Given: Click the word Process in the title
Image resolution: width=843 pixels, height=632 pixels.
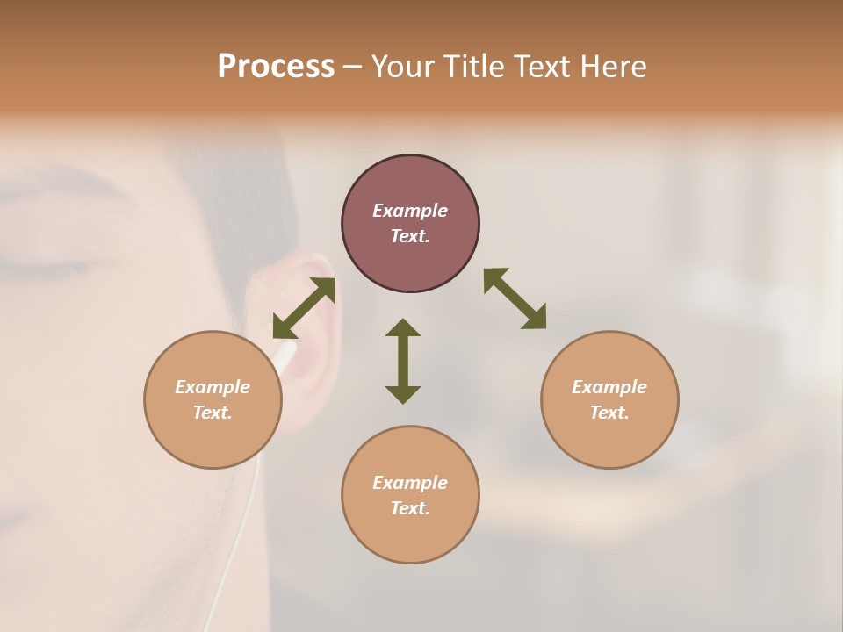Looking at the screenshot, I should tap(276, 67).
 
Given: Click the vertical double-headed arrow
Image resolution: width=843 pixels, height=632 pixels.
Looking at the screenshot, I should tap(403, 361).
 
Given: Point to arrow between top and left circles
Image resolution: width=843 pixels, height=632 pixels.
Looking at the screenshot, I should tap(304, 308).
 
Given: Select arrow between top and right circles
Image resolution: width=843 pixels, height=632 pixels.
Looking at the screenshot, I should tap(515, 299).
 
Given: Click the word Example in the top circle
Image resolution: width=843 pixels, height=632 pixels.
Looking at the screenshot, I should tap(410, 211).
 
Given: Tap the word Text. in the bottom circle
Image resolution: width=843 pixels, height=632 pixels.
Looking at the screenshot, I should tap(410, 508).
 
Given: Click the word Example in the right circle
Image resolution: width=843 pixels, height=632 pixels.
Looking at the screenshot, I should tap(609, 387).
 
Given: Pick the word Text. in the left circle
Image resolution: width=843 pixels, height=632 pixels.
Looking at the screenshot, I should tap(213, 413).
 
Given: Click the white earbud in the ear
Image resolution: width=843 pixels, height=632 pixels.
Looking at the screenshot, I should tap(285, 352).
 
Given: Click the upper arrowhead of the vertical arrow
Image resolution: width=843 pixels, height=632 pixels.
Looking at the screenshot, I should tap(403, 327).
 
